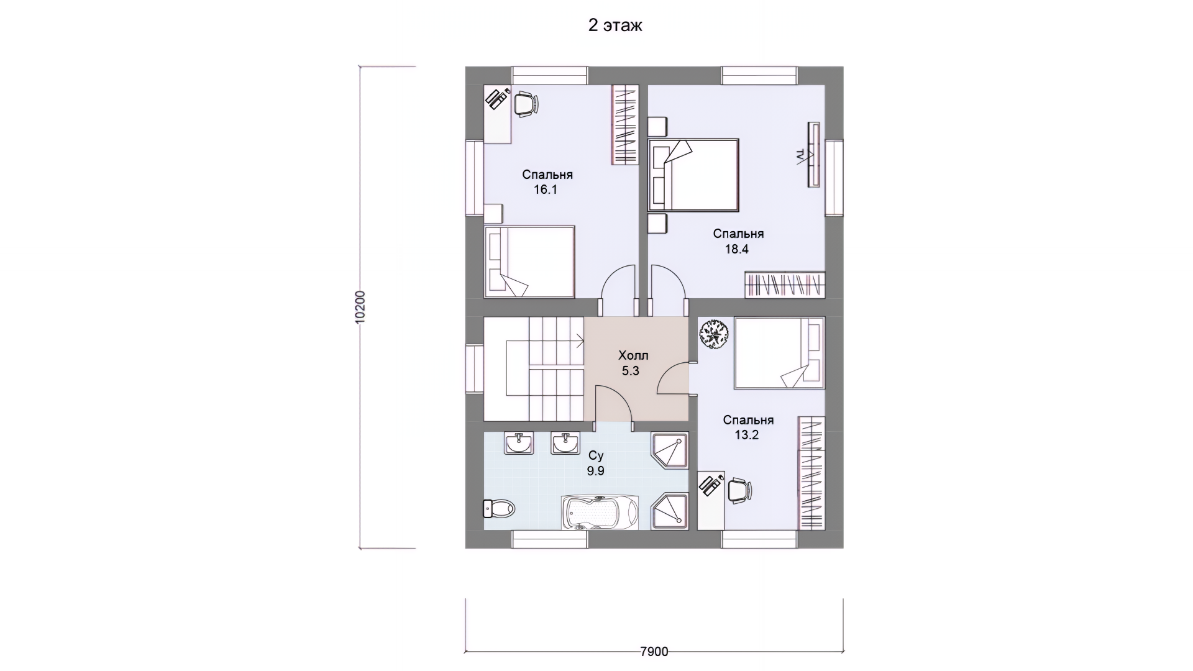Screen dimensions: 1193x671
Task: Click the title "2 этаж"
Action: tap(615, 25)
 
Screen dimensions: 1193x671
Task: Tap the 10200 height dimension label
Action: tap(361, 306)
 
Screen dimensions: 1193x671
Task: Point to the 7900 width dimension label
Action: tap(654, 651)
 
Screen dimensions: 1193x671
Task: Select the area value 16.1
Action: tap(546, 189)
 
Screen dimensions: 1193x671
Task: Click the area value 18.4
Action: tap(737, 249)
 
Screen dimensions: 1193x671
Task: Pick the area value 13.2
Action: tap(747, 435)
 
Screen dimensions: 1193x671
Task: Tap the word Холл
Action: tap(633, 355)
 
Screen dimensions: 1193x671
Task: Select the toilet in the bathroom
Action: tap(499, 509)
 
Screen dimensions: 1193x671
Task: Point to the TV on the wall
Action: tap(813, 154)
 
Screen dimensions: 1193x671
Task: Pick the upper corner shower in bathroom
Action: tap(670, 451)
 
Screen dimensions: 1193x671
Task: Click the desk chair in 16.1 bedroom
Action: tap(526, 103)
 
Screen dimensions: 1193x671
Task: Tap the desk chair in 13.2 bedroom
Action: tap(738, 490)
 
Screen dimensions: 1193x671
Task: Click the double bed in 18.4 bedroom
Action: tap(693, 175)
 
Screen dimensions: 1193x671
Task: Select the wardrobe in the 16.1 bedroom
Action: tap(625, 125)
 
